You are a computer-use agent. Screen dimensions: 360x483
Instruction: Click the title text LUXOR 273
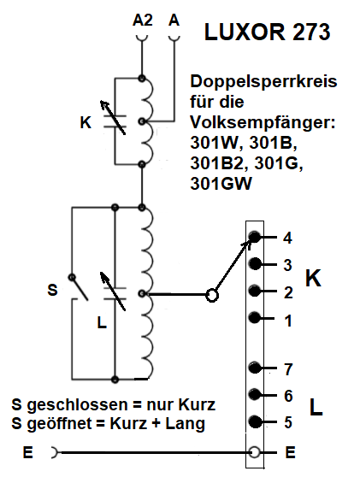(x=268, y=32)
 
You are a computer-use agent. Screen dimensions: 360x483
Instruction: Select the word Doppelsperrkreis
(x=263, y=81)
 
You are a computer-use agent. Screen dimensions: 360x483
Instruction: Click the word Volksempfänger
(x=263, y=122)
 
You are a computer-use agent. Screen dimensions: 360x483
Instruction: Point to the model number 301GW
(x=221, y=184)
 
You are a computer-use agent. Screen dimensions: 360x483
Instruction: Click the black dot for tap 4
(x=255, y=237)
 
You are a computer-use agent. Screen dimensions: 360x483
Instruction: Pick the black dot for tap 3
(x=255, y=263)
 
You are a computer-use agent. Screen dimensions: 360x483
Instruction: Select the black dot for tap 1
(x=255, y=318)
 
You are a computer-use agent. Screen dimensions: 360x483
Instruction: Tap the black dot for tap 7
(x=255, y=368)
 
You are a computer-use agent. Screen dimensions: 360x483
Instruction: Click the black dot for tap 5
(x=255, y=421)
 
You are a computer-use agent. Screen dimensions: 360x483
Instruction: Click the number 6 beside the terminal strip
(x=288, y=396)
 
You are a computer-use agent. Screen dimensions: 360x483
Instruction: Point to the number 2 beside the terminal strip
(x=288, y=292)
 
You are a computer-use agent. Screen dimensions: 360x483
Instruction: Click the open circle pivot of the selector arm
(x=212, y=296)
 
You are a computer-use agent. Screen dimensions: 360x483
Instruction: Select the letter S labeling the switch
(x=52, y=290)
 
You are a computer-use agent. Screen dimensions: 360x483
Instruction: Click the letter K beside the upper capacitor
(x=86, y=122)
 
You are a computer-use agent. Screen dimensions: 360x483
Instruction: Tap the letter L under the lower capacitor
(x=102, y=322)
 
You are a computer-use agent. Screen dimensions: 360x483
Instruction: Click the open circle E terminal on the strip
(x=255, y=452)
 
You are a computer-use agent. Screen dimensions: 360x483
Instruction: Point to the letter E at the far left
(x=28, y=452)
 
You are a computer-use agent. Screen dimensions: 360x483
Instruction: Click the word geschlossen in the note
(x=75, y=405)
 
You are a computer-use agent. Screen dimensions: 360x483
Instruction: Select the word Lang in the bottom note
(x=185, y=424)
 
